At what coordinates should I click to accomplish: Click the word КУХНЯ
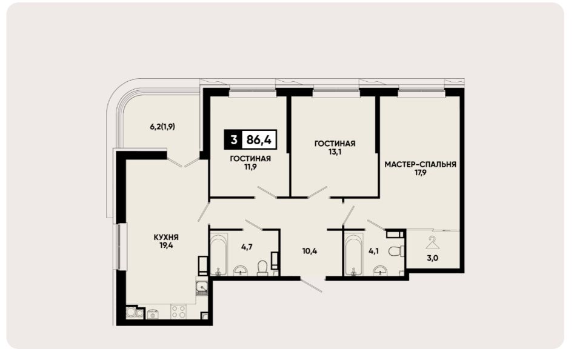click(x=166, y=238)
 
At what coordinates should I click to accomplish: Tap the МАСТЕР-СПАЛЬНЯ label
click(x=420, y=164)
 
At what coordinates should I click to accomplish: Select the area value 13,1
click(x=335, y=152)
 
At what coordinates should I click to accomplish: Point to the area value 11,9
click(x=250, y=167)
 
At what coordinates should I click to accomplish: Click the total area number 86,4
click(x=259, y=140)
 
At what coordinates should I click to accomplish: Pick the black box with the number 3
click(x=233, y=140)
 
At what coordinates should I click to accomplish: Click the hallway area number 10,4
click(x=310, y=252)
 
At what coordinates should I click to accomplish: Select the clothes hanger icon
click(x=433, y=242)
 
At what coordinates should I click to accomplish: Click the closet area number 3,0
click(x=432, y=258)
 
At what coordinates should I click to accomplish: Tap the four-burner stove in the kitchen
click(x=178, y=312)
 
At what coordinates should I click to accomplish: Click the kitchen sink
click(x=202, y=286)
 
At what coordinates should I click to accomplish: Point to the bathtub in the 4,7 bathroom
click(x=218, y=254)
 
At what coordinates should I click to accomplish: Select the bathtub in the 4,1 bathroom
click(x=353, y=255)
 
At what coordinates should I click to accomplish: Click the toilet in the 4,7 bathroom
click(x=262, y=268)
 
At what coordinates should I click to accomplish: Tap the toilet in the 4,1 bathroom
click(x=396, y=251)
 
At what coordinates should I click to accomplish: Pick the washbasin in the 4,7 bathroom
click(x=241, y=270)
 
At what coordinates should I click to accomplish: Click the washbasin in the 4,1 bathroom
click(x=380, y=270)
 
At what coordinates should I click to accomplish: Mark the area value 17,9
click(x=420, y=173)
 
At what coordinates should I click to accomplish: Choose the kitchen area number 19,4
click(x=166, y=245)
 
